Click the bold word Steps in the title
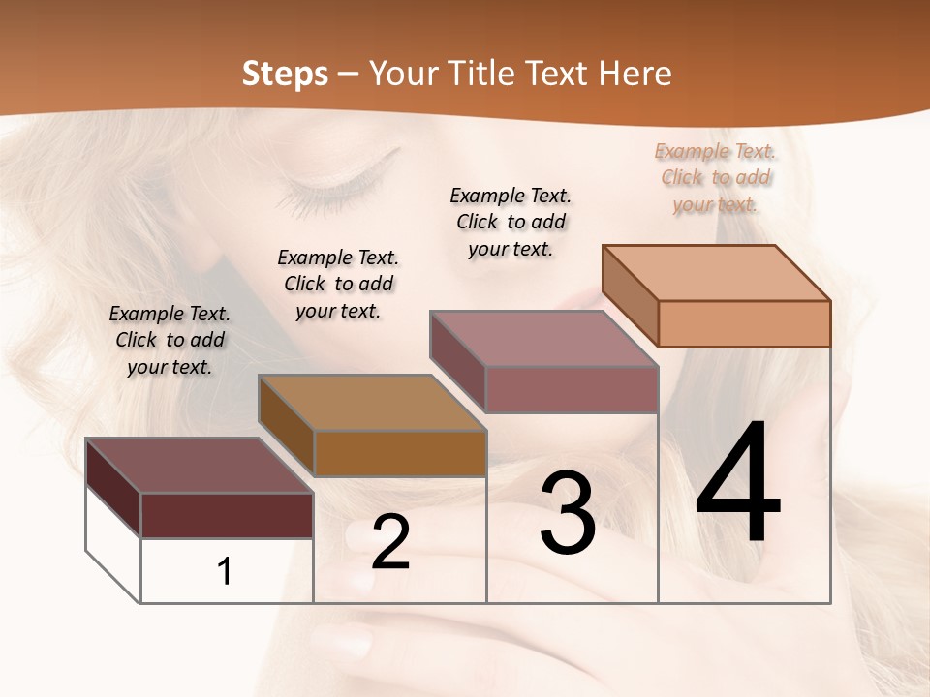point(285,74)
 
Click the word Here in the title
point(635,74)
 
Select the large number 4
point(738,485)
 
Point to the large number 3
point(568,513)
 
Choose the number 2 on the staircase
point(390,542)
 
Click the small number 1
point(225,572)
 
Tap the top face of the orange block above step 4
point(717,272)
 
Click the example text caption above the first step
point(170,340)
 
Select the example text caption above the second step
point(338,284)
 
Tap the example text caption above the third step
point(511,222)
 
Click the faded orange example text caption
point(715,177)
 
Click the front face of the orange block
point(744,323)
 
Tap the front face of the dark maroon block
point(227,515)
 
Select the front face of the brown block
point(400,452)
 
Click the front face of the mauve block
point(572,389)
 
